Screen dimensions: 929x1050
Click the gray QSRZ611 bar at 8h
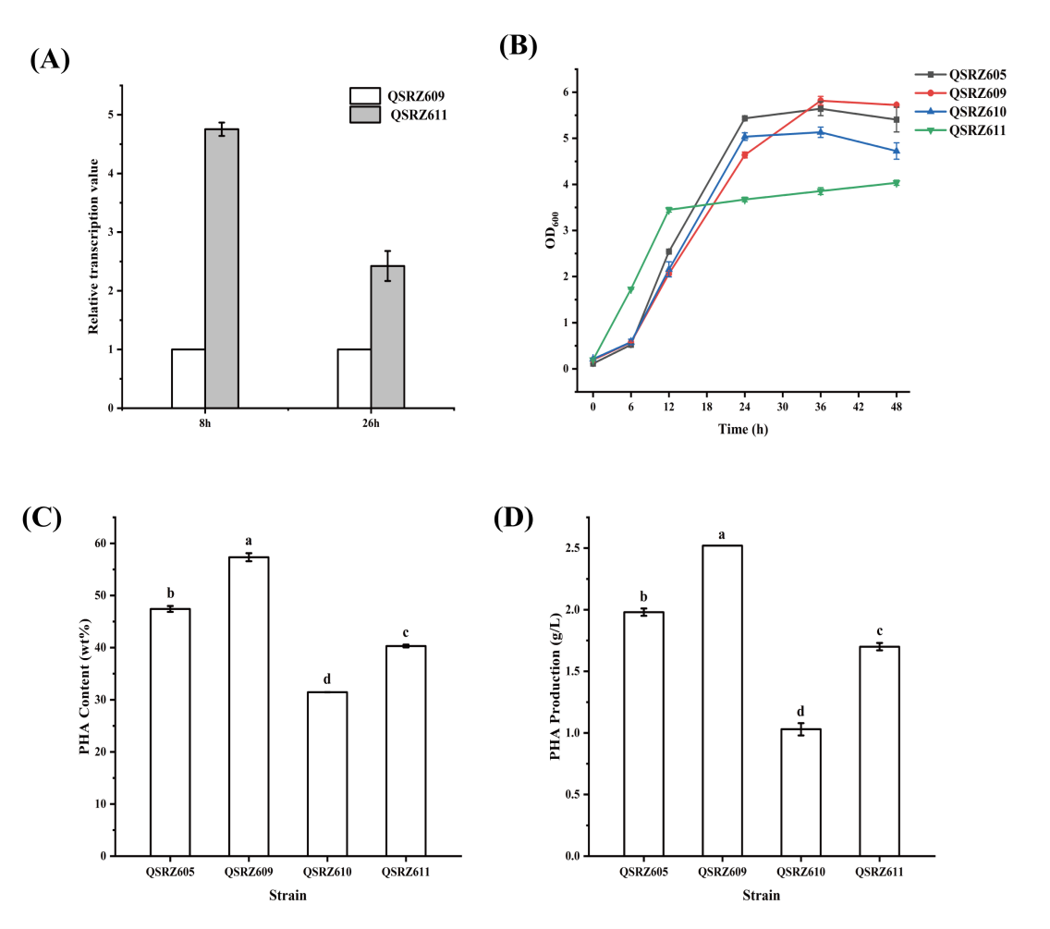(222, 268)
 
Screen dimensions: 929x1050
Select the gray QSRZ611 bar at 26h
(387, 336)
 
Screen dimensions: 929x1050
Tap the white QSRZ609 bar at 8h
(189, 378)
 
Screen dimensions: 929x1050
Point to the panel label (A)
(50, 60)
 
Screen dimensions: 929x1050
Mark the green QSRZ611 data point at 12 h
(668, 210)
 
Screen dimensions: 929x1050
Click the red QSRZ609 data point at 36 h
(820, 101)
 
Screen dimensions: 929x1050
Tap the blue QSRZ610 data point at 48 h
(896, 151)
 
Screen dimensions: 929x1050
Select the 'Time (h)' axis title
(744, 429)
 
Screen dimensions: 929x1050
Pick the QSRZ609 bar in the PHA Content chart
(250, 706)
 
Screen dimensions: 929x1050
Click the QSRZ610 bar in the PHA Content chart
(328, 774)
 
